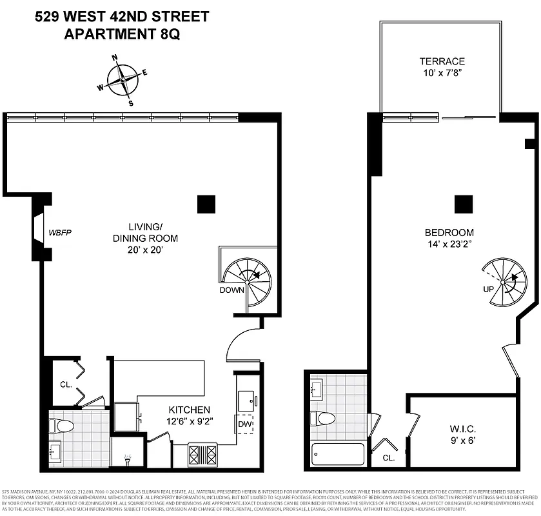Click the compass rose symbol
tap(123, 80)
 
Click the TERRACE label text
tap(442, 62)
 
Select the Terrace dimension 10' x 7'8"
tap(442, 74)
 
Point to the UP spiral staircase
tap(502, 282)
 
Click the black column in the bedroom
tap(464, 204)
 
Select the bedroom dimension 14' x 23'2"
tap(449, 244)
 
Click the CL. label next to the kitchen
tap(65, 384)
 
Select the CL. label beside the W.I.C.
tap(388, 458)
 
